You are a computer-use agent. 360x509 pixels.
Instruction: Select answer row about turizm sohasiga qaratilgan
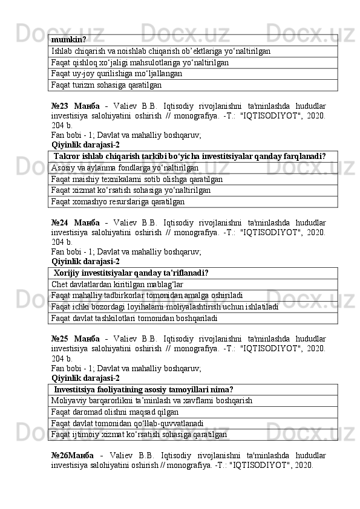[106, 86]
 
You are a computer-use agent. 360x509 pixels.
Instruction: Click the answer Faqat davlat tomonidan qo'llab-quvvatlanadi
[127, 423]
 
